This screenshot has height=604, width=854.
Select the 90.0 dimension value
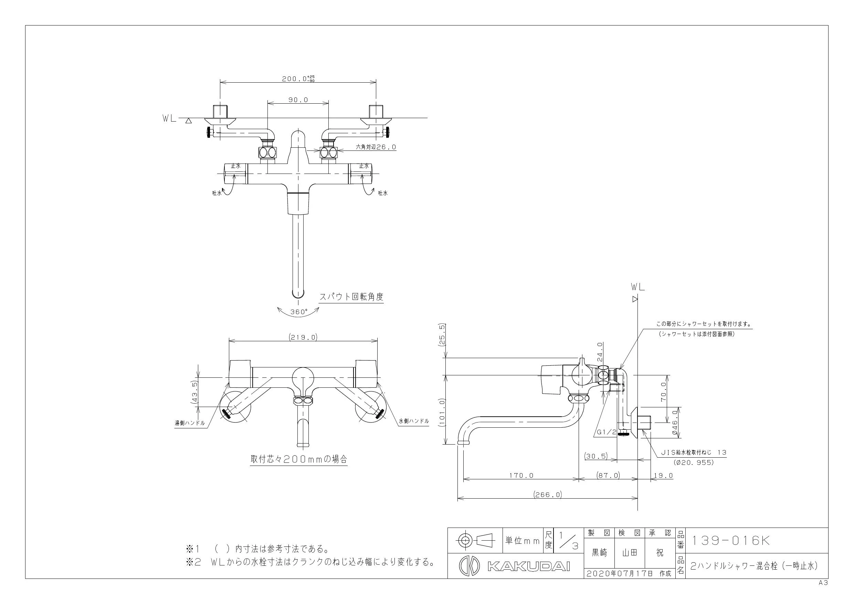(x=298, y=100)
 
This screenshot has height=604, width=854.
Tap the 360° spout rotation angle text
(x=299, y=312)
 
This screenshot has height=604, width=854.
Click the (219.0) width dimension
(x=303, y=337)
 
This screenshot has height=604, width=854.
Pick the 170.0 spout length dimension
(x=521, y=475)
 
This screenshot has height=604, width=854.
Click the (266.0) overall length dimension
(x=548, y=494)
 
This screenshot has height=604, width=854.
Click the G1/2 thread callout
(x=607, y=433)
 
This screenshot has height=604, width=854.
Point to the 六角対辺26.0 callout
(x=376, y=147)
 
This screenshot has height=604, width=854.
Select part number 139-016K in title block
(x=730, y=541)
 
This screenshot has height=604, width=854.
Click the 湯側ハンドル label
(x=190, y=423)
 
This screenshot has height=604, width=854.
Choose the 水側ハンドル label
(x=414, y=421)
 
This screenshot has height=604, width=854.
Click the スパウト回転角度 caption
(x=351, y=296)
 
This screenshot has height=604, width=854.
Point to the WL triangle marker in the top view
(x=189, y=121)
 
